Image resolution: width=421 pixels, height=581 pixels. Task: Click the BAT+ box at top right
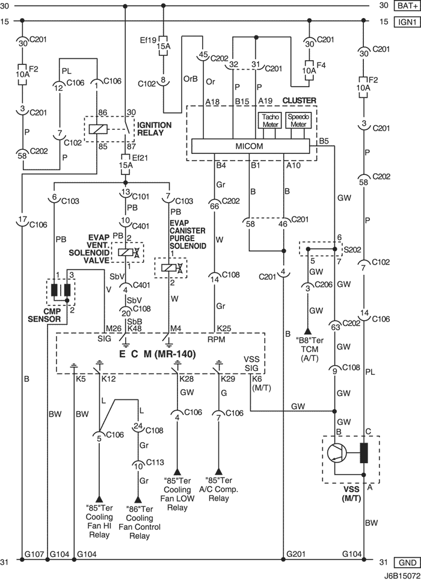tap(407, 5)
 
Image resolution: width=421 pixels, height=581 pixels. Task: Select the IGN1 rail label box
tap(407, 22)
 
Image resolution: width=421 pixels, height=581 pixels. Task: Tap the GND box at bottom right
tap(407, 562)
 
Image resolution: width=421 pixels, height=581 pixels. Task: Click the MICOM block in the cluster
tap(250, 146)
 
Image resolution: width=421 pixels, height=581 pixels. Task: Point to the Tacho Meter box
tap(270, 120)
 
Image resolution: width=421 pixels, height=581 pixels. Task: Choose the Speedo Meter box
tap(298, 120)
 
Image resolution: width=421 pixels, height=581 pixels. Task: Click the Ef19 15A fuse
tap(163, 46)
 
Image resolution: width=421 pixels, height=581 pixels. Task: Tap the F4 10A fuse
tap(309, 70)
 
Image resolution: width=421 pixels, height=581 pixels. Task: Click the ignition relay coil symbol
tap(98, 129)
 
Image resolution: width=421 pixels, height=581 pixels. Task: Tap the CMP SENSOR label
tap(44, 315)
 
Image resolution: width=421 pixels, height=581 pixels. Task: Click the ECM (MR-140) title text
tap(157, 354)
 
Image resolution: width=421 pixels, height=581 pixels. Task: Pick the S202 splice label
tap(352, 250)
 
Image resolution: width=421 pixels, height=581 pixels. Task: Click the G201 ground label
tap(296, 554)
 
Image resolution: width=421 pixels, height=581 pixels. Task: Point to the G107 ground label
tap(34, 554)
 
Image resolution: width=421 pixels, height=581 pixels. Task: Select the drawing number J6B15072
tap(401, 577)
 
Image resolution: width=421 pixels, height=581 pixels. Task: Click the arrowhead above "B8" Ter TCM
tap(307, 330)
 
